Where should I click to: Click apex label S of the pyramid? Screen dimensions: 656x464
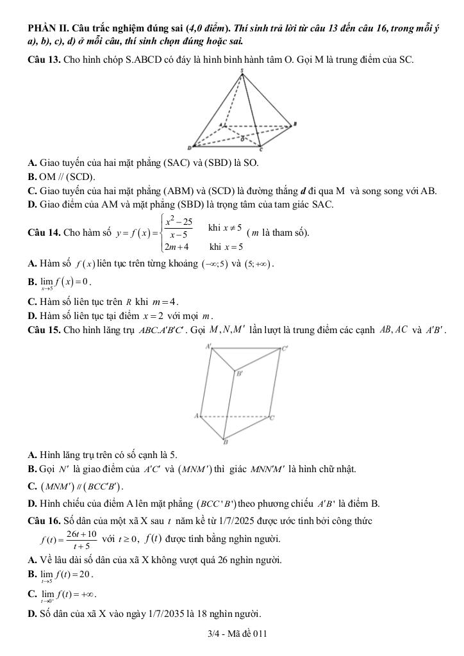coord(242,70)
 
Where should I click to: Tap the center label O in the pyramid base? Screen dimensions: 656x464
coord(242,136)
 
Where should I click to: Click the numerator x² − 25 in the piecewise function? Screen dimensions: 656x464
coord(179,222)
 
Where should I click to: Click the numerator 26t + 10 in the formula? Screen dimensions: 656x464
coord(81,534)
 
